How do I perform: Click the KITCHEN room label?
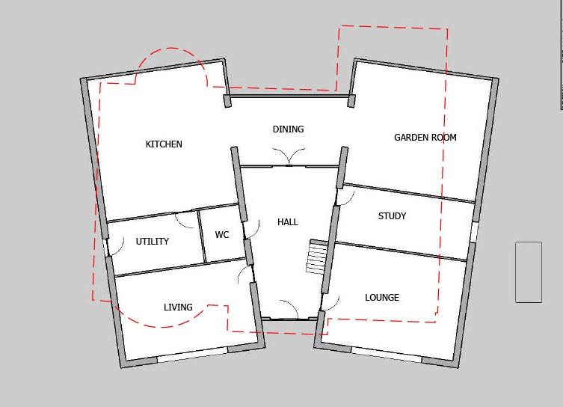164,144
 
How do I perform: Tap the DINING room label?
288,129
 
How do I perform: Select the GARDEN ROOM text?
425,138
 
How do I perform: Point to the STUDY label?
392,216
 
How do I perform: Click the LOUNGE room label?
381,298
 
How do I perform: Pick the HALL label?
288,222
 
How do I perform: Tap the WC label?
222,235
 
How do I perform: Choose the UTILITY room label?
152,242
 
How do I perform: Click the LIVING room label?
178,307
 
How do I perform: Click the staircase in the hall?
316,257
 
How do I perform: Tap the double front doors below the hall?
289,310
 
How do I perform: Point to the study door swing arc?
346,196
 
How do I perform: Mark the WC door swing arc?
253,229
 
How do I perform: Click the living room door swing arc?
244,275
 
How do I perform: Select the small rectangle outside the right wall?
529,272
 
